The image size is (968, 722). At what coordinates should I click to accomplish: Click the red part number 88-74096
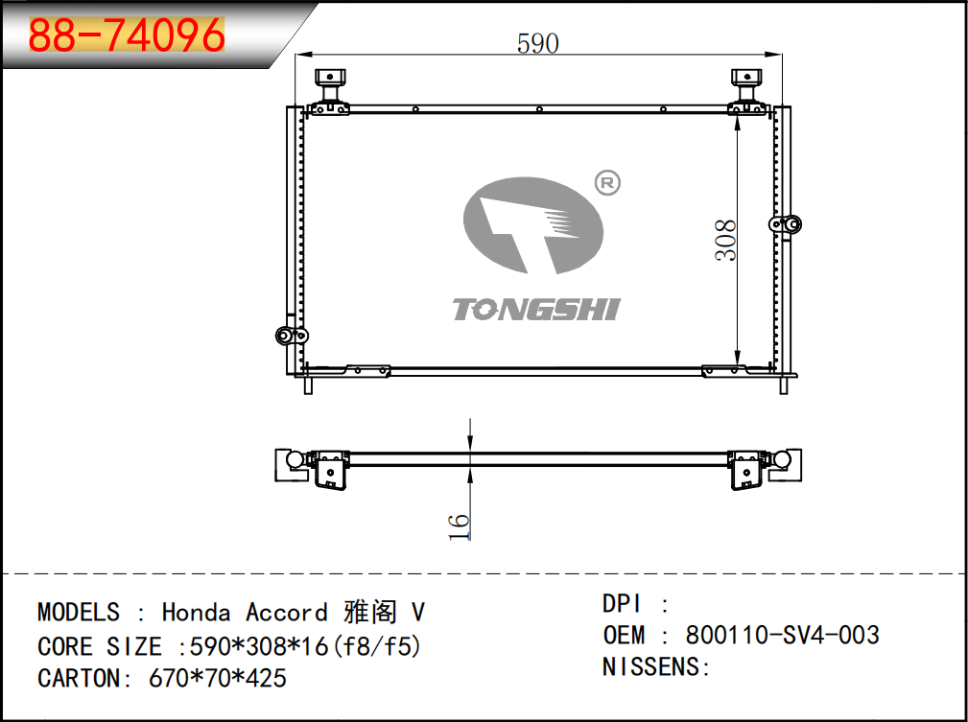click(x=127, y=35)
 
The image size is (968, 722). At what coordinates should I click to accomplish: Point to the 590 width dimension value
click(x=537, y=43)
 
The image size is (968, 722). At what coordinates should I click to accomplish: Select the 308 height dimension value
click(x=726, y=240)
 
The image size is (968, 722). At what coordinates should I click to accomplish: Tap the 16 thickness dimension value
click(x=459, y=526)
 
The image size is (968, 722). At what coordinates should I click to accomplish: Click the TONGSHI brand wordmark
click(x=536, y=309)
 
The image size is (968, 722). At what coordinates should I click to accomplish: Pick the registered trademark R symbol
click(x=607, y=183)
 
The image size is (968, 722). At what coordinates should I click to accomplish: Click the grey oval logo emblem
click(x=532, y=226)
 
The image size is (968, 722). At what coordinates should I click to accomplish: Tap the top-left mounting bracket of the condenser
click(x=330, y=92)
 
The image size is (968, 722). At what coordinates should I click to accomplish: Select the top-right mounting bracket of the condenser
click(x=747, y=92)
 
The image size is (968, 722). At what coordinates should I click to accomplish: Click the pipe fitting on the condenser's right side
click(x=786, y=224)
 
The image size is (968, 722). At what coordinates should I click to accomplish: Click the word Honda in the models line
click(x=197, y=612)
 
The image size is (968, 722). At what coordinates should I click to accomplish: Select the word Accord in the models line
click(x=287, y=612)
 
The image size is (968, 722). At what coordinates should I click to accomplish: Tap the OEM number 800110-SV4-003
click(x=782, y=635)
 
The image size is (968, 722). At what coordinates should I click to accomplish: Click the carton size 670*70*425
click(x=218, y=678)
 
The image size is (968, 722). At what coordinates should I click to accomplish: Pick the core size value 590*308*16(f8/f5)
click(x=306, y=646)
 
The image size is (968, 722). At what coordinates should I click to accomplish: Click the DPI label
click(x=622, y=603)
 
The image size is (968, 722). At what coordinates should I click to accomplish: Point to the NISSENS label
click(x=650, y=667)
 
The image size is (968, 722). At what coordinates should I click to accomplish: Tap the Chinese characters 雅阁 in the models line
click(x=369, y=612)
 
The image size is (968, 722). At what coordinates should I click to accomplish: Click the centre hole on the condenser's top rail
click(x=539, y=109)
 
